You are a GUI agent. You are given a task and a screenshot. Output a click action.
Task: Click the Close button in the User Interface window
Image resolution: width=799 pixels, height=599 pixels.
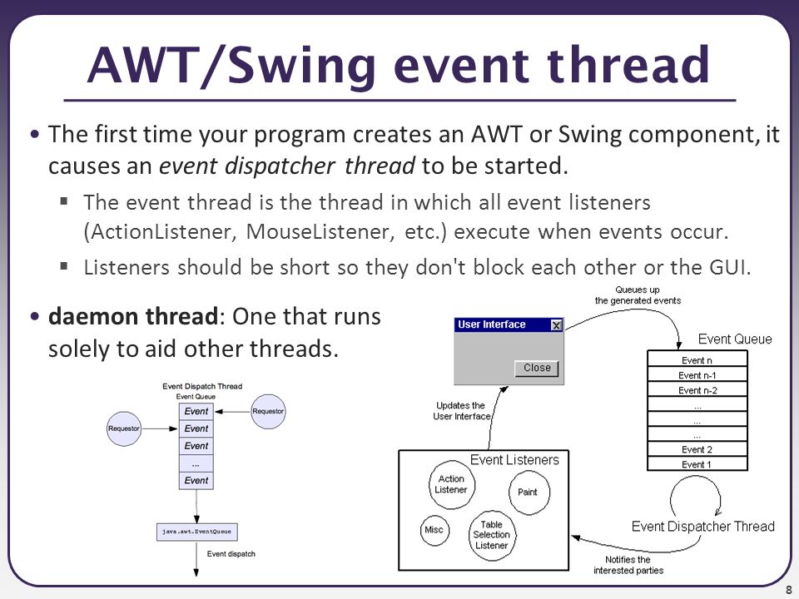pyautogui.click(x=537, y=369)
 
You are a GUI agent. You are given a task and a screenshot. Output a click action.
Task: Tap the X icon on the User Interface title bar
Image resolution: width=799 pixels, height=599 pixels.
pyautogui.click(x=557, y=325)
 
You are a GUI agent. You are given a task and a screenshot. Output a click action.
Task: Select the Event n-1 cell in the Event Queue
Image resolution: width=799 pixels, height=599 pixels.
pyautogui.click(x=697, y=375)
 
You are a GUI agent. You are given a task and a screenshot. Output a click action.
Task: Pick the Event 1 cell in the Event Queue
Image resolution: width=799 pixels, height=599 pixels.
pyautogui.click(x=697, y=464)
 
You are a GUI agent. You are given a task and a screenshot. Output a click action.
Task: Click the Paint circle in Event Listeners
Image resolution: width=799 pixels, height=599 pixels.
pyautogui.click(x=529, y=492)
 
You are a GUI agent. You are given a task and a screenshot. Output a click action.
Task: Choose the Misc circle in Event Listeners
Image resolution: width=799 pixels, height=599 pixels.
pyautogui.click(x=434, y=530)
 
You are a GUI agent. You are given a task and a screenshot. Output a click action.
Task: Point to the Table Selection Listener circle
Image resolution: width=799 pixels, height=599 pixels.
pyautogui.click(x=491, y=535)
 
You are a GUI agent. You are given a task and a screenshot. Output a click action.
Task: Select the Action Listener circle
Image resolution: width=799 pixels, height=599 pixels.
pyautogui.click(x=451, y=484)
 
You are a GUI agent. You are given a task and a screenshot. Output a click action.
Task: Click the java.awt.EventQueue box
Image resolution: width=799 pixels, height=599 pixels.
pyautogui.click(x=196, y=532)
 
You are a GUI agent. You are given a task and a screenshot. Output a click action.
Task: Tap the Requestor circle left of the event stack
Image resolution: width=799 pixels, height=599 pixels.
pyautogui.click(x=124, y=429)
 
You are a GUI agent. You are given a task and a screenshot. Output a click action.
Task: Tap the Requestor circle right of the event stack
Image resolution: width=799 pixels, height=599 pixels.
pyautogui.click(x=268, y=412)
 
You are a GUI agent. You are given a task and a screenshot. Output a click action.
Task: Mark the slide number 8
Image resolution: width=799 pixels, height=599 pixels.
pyautogui.click(x=788, y=590)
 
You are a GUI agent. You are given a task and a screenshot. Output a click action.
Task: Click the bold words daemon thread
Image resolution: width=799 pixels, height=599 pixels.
pyautogui.click(x=133, y=316)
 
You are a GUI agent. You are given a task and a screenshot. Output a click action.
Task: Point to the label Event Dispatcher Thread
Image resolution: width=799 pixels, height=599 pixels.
pyautogui.click(x=702, y=526)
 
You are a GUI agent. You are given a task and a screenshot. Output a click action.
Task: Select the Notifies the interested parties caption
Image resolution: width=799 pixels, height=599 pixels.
pyautogui.click(x=628, y=565)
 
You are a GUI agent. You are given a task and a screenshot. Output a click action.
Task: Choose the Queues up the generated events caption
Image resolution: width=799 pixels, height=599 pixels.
pyautogui.click(x=638, y=295)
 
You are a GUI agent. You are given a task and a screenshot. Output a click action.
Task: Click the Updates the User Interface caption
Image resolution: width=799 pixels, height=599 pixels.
pyautogui.click(x=461, y=410)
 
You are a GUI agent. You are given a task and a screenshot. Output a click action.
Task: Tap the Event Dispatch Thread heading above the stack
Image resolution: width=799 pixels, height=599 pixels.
pyautogui.click(x=202, y=386)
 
